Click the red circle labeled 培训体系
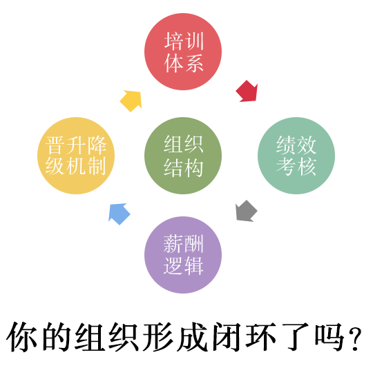(x=183, y=52)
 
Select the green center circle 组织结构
(x=183, y=156)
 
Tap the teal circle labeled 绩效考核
(x=296, y=156)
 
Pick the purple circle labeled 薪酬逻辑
(x=183, y=255)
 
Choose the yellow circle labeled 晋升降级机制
(x=76, y=156)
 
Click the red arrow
(x=247, y=92)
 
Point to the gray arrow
(x=246, y=211)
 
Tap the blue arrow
(x=119, y=214)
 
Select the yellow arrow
(x=131, y=101)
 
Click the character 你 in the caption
(x=22, y=337)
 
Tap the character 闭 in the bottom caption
(x=226, y=337)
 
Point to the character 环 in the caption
(x=260, y=337)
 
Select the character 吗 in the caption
(x=329, y=337)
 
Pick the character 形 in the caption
(x=158, y=337)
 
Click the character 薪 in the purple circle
(x=173, y=244)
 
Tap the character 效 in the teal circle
(x=307, y=145)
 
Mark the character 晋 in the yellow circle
(x=55, y=145)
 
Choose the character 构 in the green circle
(x=193, y=167)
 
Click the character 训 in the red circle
(x=193, y=41)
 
